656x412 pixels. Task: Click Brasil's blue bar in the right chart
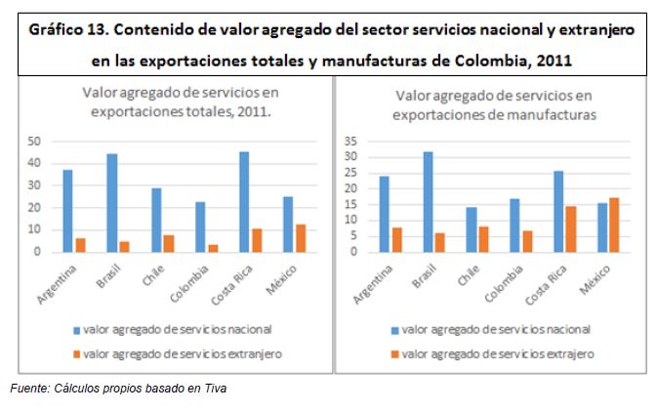pos(428,201)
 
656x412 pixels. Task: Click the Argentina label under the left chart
pos(58,279)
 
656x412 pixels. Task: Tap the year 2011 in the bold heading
pos(550,62)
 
